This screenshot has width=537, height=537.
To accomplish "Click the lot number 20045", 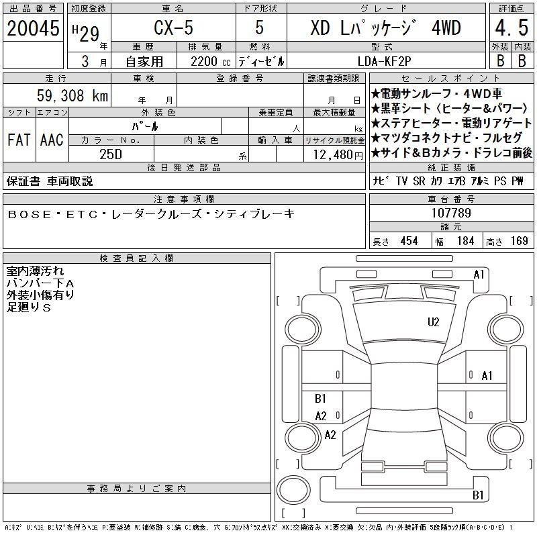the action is coord(33,28).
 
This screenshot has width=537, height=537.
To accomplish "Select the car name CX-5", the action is coord(173,28).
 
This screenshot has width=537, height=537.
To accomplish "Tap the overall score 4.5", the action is coord(511,28).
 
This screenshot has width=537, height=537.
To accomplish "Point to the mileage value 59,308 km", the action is coord(72,95).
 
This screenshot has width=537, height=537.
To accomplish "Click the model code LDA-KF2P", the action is coord(384,61).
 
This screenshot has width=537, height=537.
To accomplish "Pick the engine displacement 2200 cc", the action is coord(210,62).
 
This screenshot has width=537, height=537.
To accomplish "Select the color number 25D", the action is coord(111,154).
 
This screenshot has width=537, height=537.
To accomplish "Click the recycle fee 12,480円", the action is coord(338,155).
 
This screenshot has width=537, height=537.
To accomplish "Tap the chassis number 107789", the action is coord(451,213).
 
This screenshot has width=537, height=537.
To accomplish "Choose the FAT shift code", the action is coord(19,140).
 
